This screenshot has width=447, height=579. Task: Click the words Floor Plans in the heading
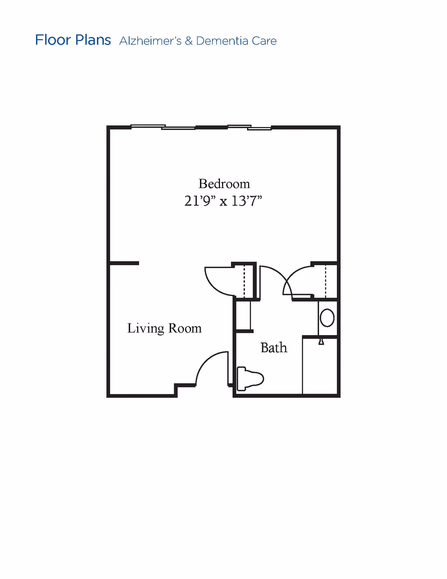(x=73, y=40)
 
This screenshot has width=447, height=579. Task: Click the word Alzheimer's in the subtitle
(x=150, y=41)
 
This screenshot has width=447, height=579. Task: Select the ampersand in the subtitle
(x=189, y=41)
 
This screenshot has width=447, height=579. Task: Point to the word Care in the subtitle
(x=264, y=41)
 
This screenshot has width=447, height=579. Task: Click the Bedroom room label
(x=224, y=184)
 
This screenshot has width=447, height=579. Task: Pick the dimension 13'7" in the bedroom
(x=247, y=201)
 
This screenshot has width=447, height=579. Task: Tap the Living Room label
(x=164, y=328)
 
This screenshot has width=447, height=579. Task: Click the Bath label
(x=274, y=348)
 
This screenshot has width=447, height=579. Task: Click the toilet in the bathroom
(x=250, y=379)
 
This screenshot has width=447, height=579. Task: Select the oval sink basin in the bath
(x=327, y=318)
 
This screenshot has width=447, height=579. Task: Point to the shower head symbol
(x=321, y=342)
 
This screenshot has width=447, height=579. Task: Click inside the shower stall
(x=320, y=366)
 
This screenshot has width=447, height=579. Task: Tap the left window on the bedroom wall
(x=163, y=127)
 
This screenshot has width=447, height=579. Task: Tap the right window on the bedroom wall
(x=249, y=128)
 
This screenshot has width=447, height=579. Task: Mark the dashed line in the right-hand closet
(x=325, y=281)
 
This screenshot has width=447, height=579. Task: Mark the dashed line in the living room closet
(x=244, y=281)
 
